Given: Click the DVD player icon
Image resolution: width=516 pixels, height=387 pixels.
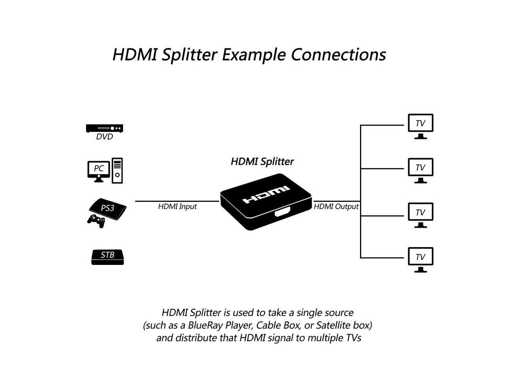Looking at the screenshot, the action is pyautogui.click(x=104, y=128).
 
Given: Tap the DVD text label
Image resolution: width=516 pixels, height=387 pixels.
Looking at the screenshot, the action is pyautogui.click(x=104, y=137).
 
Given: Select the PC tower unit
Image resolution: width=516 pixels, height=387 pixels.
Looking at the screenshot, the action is pyautogui.click(x=117, y=171).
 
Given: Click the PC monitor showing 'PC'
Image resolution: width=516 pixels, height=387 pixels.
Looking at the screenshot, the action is pyautogui.click(x=98, y=171).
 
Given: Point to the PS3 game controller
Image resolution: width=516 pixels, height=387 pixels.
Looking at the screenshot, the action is pyautogui.click(x=96, y=221).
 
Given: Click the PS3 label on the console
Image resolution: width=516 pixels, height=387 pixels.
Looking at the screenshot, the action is pyautogui.click(x=107, y=208).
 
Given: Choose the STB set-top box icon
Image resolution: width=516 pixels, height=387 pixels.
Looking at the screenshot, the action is pyautogui.click(x=107, y=257).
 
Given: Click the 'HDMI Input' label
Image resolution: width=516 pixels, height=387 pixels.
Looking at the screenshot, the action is pyautogui.click(x=177, y=206).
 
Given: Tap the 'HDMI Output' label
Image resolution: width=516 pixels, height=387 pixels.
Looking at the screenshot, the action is pyautogui.click(x=336, y=206).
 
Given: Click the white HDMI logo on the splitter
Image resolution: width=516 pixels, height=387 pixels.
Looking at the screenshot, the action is pyautogui.click(x=266, y=195).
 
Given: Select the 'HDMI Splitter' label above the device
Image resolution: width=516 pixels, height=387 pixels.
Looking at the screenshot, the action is pyautogui.click(x=262, y=162).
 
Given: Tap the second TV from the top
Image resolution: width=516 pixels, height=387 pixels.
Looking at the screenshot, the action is pyautogui.click(x=420, y=171).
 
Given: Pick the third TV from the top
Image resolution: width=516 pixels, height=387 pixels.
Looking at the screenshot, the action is pyautogui.click(x=420, y=215).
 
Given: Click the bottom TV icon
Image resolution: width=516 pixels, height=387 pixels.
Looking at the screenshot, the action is pyautogui.click(x=420, y=260).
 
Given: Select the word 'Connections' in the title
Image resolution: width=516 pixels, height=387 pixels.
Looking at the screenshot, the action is pyautogui.click(x=339, y=55).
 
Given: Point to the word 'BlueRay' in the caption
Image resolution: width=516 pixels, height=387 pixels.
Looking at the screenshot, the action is pyautogui.click(x=205, y=325).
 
